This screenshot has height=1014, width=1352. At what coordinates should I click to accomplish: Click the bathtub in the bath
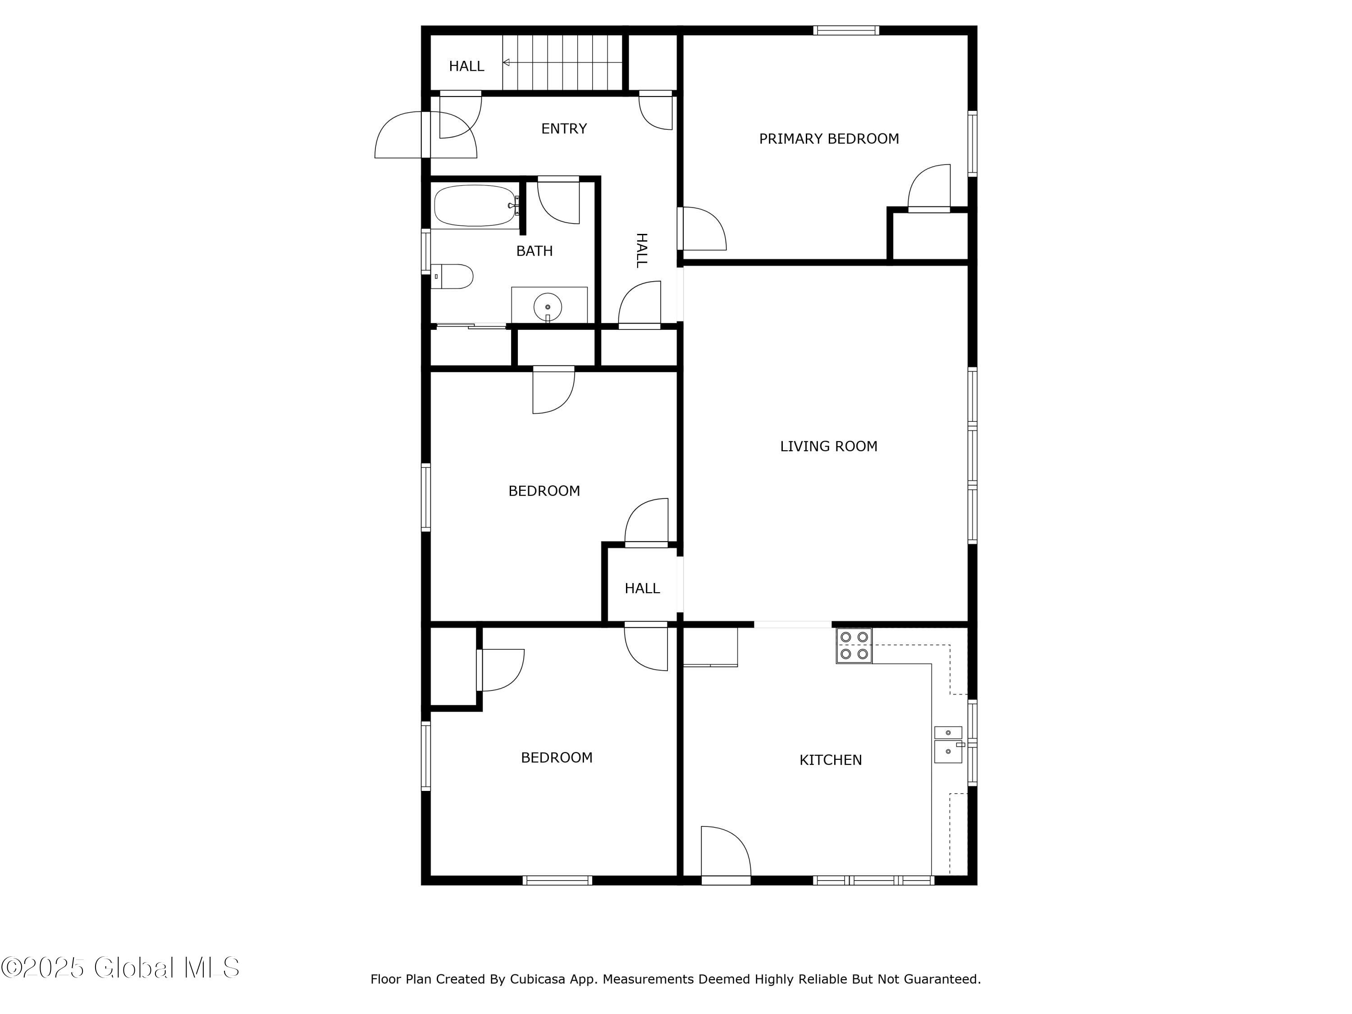[475, 206]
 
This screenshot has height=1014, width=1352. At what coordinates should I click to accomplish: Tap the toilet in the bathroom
[452, 276]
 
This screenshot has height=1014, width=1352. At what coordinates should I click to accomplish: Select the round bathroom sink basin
[548, 307]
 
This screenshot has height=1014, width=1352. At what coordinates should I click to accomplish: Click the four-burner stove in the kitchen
[854, 645]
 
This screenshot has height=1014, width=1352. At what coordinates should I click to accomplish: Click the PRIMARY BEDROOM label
[829, 139]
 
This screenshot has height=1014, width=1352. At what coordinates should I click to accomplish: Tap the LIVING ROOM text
[829, 446]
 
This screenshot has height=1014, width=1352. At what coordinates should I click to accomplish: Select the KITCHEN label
[831, 760]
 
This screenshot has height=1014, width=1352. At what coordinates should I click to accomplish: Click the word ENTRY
[564, 128]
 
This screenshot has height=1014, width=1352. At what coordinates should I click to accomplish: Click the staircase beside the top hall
[562, 62]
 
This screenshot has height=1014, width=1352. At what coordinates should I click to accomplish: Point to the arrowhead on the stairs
[506, 62]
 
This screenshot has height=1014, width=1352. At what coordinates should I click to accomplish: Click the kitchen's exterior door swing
[726, 853]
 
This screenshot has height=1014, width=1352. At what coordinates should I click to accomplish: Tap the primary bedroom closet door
[929, 187]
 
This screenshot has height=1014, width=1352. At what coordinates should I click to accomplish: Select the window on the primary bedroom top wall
[846, 30]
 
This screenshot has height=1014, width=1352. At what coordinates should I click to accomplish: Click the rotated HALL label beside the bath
[641, 250]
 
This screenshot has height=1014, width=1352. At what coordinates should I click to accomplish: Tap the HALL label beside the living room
[642, 588]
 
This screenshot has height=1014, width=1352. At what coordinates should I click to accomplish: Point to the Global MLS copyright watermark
[120, 968]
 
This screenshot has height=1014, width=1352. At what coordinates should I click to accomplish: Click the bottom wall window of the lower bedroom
[557, 880]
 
